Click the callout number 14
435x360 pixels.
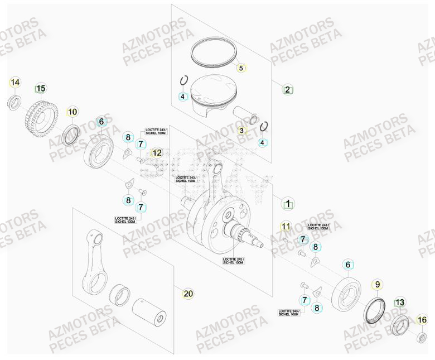coord(15,83)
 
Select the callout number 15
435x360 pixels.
coord(41,88)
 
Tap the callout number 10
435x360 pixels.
coord(72,112)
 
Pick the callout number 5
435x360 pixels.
coord(241,68)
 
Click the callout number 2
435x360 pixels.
coord(287,89)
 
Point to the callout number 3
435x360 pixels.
coord(241,131)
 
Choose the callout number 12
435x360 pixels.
coord(157,152)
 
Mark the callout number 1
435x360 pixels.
coord(288,204)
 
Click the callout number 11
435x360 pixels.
coord(286,227)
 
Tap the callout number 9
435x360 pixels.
coord(377,285)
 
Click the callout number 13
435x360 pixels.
coord(399,303)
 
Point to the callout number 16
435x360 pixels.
coord(422,319)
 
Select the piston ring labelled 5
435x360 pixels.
coord(213,51)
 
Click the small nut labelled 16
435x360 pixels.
coord(422,337)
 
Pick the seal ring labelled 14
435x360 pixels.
coord(14,103)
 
